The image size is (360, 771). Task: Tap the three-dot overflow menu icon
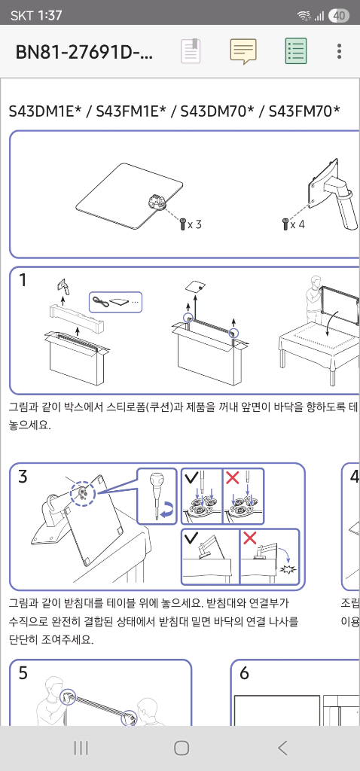[x=339, y=51]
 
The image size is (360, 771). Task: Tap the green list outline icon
[x=295, y=51]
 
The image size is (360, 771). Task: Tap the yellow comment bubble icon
[x=243, y=51]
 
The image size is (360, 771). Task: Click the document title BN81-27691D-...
[x=84, y=52]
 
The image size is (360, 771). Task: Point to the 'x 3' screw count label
[x=194, y=224]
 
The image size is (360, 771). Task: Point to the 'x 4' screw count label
[x=298, y=224]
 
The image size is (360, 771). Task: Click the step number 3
[x=23, y=477]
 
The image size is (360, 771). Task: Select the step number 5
[x=23, y=673]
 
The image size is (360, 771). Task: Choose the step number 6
[x=244, y=673]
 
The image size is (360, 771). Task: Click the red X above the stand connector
[x=233, y=477]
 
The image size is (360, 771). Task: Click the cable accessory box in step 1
[x=114, y=302]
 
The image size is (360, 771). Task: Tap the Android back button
[x=282, y=748]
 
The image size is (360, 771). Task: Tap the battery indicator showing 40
[x=338, y=15]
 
